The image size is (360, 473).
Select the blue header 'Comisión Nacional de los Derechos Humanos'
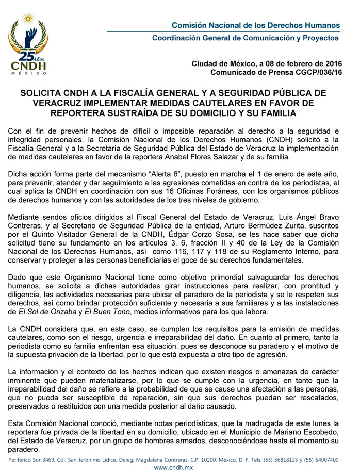(256, 25)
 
